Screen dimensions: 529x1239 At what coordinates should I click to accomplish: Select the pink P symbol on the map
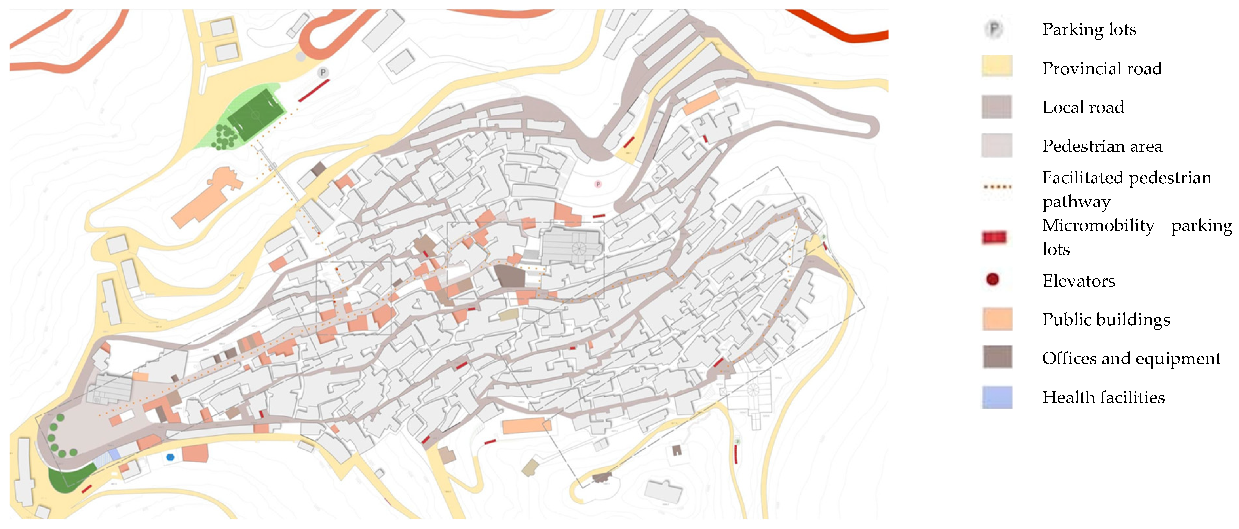point(598,184)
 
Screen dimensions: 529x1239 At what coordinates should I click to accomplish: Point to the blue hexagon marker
point(170,457)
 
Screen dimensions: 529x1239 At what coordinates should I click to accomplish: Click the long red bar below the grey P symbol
point(314,90)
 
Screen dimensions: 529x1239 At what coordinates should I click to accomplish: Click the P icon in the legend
point(994,29)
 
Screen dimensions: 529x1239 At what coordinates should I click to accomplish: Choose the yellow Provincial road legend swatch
point(997,66)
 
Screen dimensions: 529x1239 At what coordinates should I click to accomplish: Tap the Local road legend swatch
point(997,107)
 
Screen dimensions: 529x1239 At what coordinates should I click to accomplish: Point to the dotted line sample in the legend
point(997,187)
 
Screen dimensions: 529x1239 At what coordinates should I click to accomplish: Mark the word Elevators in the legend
point(1078,281)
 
